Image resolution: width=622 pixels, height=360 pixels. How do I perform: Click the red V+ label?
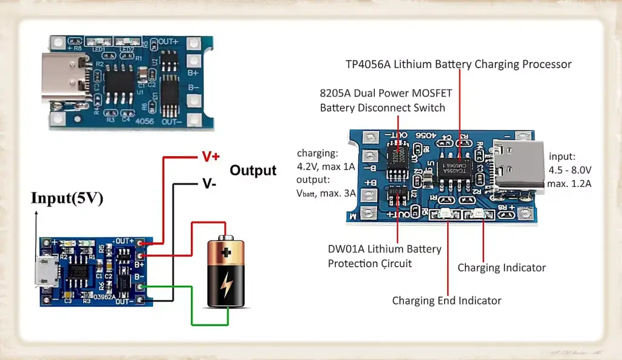tap(210, 156)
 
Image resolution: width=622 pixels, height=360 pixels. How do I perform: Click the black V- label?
tap(208, 182)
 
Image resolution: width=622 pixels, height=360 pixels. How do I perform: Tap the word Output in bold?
tap(253, 171)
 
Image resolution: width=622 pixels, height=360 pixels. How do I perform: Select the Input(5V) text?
tap(67, 198)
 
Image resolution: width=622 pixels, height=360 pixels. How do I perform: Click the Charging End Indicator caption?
tap(446, 301)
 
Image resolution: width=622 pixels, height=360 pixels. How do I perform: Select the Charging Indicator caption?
tap(501, 268)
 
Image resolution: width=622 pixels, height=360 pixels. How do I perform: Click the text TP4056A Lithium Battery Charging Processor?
tap(459, 64)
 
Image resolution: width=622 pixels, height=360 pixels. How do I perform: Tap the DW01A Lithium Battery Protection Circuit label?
tap(384, 256)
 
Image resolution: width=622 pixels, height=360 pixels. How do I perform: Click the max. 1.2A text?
tap(569, 183)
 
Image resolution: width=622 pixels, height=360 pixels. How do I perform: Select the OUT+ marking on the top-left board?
tap(169, 42)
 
